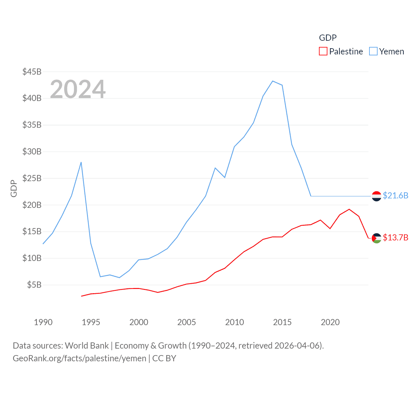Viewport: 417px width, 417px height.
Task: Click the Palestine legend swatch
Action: [323, 51]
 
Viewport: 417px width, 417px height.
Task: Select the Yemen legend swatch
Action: [373, 51]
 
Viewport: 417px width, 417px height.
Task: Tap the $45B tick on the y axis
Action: [32, 72]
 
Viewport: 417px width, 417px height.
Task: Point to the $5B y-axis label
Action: [34, 285]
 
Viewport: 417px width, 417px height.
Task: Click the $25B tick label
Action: [32, 178]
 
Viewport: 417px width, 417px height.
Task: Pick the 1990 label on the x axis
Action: [43, 322]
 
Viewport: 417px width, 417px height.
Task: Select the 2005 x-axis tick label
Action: [187, 322]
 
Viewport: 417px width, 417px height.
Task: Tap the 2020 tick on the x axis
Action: [330, 322]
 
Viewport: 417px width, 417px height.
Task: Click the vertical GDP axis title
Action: [14, 188]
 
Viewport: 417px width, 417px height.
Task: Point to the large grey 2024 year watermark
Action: [78, 89]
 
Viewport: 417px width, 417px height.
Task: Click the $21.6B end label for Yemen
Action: [395, 195]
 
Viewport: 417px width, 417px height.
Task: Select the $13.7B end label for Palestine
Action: [395, 237]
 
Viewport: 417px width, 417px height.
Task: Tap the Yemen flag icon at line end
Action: [377, 196]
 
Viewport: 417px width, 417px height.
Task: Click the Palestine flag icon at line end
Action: [377, 238]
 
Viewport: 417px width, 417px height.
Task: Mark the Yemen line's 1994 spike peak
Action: [81, 162]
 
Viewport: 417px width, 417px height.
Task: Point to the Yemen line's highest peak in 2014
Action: [273, 81]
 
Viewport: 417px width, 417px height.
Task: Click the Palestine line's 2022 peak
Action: [349, 209]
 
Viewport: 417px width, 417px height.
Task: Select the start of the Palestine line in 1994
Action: [81, 296]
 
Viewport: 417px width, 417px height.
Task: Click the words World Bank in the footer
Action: [87, 345]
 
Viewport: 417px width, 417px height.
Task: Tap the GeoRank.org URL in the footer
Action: [79, 358]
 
